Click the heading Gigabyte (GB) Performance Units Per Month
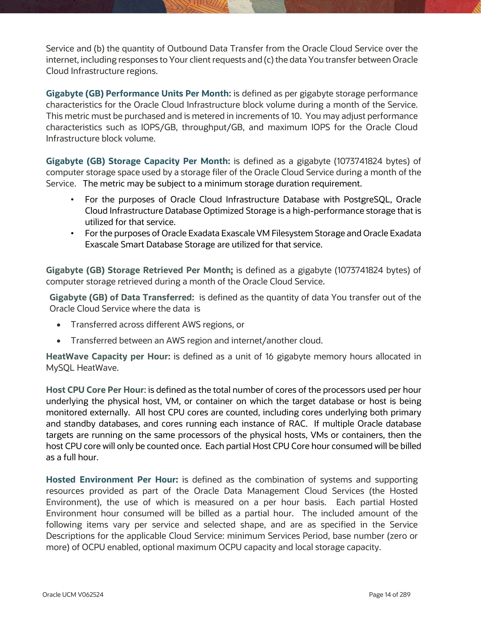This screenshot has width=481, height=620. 138,94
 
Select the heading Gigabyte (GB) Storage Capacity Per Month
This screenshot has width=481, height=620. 138,161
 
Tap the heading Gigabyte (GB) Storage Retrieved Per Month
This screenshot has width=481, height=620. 139,270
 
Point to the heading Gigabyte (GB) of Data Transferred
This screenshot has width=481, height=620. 122,298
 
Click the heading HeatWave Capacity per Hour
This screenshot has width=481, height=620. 108,357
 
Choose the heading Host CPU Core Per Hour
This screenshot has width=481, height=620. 95,390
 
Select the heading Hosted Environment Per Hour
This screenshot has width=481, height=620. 112,480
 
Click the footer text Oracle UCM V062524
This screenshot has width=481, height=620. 73,595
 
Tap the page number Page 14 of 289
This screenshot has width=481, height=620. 389,595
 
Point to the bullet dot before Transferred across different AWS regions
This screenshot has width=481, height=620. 58,325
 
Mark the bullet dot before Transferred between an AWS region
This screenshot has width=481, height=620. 58,341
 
